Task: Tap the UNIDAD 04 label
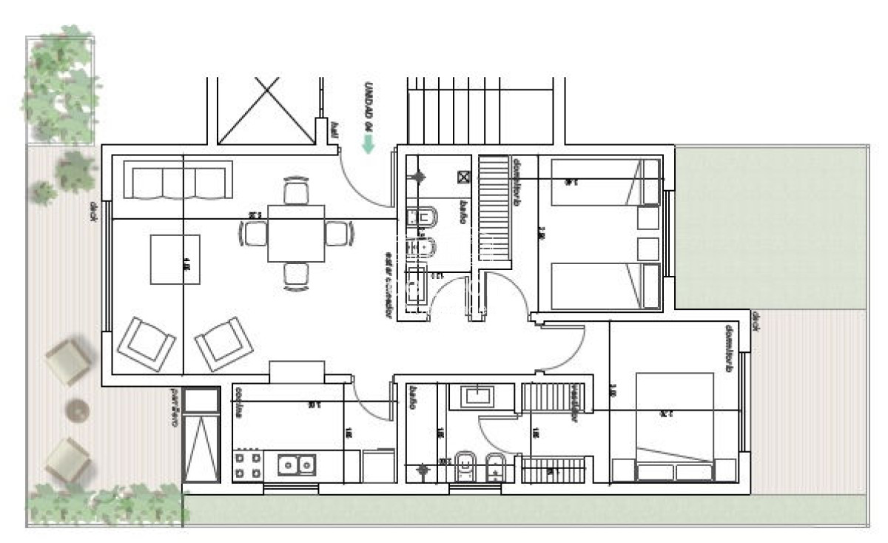coord(368,107)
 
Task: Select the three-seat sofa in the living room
coord(178,180)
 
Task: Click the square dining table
coord(296,232)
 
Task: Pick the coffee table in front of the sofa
coord(175,259)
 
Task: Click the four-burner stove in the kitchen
coord(248,465)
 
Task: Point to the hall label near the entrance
coord(334,131)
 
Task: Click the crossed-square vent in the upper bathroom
coord(464,177)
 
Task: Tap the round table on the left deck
coord(76,409)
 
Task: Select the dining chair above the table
coord(296,192)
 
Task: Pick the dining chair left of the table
coord(253,233)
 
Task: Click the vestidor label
coord(573,405)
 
